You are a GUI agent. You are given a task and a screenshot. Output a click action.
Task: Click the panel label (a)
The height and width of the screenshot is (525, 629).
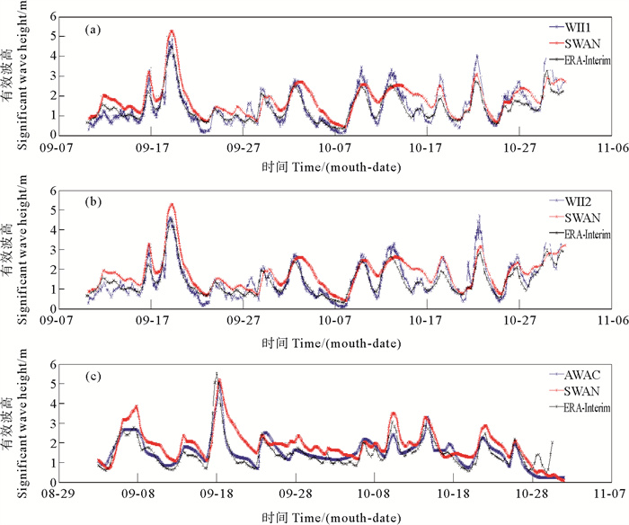tap(92, 30)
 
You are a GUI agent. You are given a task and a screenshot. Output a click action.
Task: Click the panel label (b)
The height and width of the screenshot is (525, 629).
tap(92, 203)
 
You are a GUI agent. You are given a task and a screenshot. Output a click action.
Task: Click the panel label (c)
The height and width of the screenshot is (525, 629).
tap(92, 378)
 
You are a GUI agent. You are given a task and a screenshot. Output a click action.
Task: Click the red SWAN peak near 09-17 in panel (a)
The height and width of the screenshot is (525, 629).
tap(171, 31)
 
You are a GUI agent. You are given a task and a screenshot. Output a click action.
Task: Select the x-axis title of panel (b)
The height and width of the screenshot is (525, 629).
tap(337, 342)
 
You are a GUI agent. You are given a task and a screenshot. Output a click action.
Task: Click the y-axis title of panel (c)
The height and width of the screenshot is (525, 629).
tap(19, 423)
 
